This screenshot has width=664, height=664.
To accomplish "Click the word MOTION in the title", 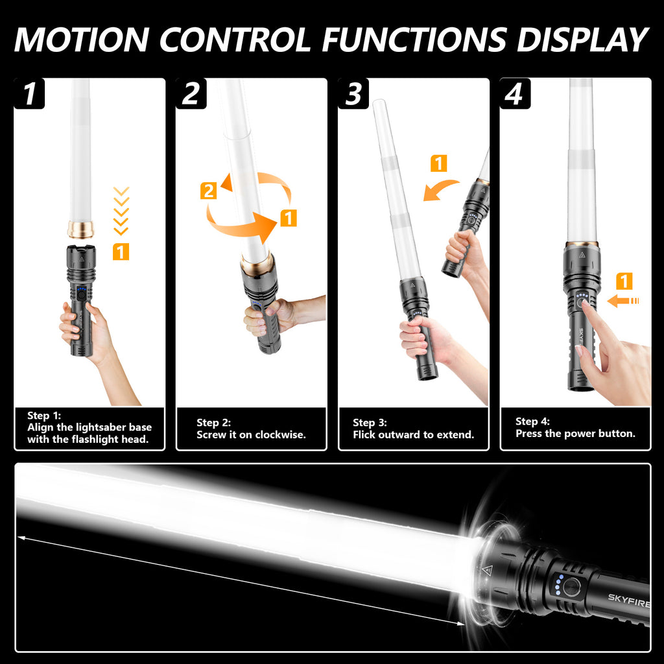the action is pyautogui.click(x=82, y=40).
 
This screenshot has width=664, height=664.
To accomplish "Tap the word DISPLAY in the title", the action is pyautogui.click(x=582, y=40).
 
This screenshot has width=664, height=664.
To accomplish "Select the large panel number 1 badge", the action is pyautogui.click(x=29, y=93).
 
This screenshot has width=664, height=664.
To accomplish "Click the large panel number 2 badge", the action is pyautogui.click(x=191, y=93).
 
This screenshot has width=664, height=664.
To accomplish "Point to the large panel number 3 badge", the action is pyautogui.click(x=353, y=93).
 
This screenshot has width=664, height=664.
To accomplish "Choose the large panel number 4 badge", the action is pyautogui.click(x=515, y=93).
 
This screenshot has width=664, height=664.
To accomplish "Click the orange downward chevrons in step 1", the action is pyautogui.click(x=121, y=211).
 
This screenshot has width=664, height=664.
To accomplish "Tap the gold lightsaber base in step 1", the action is pyautogui.click(x=80, y=229).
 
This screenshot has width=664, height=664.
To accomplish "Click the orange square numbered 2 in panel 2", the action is pyautogui.click(x=208, y=191).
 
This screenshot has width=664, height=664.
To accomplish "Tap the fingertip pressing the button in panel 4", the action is pyautogui.click(x=586, y=305).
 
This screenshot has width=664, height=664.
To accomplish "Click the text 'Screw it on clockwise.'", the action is pyautogui.click(x=251, y=435).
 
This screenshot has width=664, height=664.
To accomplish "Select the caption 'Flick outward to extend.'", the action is pyautogui.click(x=413, y=435).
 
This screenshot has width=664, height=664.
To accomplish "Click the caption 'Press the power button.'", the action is pyautogui.click(x=576, y=434).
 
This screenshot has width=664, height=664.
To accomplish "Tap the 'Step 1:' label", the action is pyautogui.click(x=44, y=416).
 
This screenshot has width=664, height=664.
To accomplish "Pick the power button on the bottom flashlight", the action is pyautogui.click(x=571, y=587).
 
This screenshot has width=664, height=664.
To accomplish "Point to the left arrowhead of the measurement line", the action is pyautogui.click(x=21, y=538).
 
